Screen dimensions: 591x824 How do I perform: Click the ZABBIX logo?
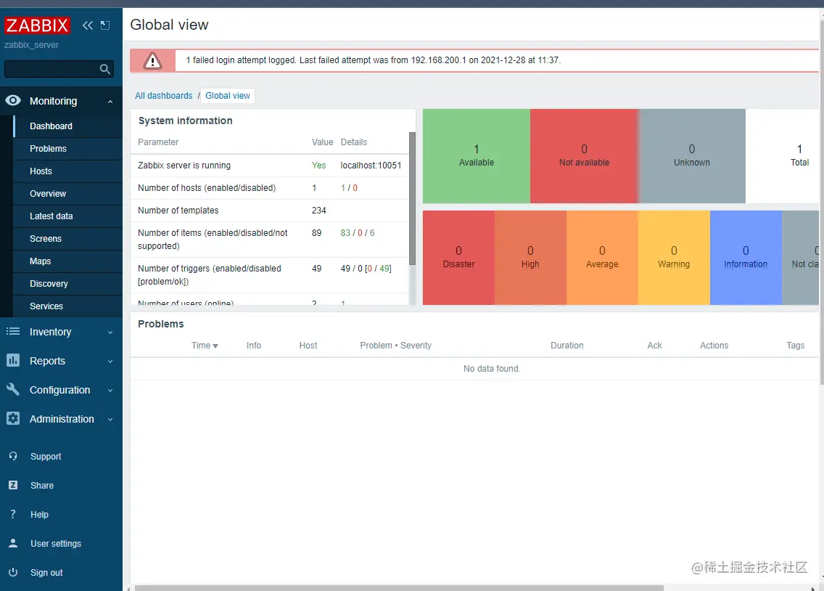[37, 25]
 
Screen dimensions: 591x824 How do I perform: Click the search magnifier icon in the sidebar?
[105, 69]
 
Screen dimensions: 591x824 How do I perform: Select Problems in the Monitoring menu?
[48, 149]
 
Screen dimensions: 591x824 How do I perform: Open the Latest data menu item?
[51, 216]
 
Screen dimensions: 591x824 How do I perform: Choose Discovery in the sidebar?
[49, 284]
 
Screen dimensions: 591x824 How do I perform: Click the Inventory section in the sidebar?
[50, 332]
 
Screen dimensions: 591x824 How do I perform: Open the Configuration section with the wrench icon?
[59, 390]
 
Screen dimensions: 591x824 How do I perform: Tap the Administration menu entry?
[62, 419]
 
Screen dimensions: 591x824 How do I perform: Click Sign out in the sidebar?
[46, 573]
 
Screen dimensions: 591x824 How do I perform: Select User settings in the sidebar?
[56, 544]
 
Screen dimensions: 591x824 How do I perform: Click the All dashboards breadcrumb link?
[164, 96]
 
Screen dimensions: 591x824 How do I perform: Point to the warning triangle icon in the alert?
[152, 61]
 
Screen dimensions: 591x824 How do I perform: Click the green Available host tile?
[477, 156]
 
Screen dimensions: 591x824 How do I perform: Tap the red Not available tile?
[584, 156]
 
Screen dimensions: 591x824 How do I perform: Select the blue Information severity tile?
[746, 257]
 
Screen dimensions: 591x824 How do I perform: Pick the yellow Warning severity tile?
[674, 257]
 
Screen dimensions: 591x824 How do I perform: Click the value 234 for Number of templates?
[319, 211]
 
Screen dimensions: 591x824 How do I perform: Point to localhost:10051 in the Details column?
[371, 166]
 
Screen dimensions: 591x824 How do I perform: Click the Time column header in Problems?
[204, 346]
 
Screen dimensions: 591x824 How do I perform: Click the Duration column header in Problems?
[566, 346]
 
